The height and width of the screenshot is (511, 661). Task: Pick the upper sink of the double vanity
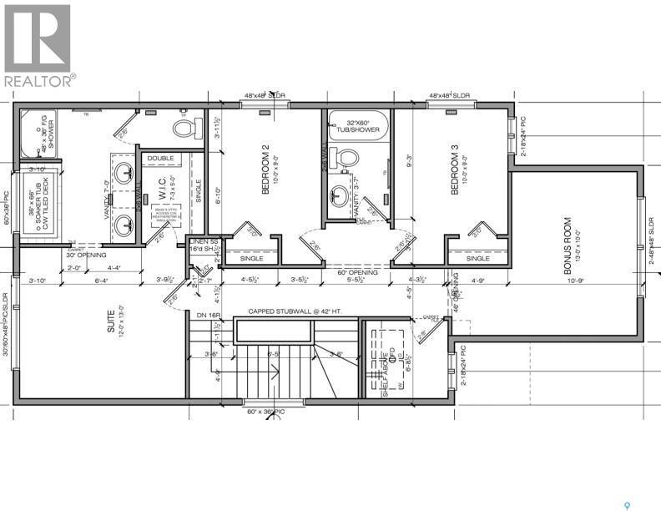[123, 175]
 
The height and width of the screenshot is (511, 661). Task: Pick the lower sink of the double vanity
[123, 223]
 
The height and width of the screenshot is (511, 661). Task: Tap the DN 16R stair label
[206, 315]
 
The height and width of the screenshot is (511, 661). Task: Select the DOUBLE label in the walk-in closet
[161, 158]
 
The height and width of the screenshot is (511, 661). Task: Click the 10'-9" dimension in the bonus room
[577, 281]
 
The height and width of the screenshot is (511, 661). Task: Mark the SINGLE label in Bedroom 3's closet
[477, 258]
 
